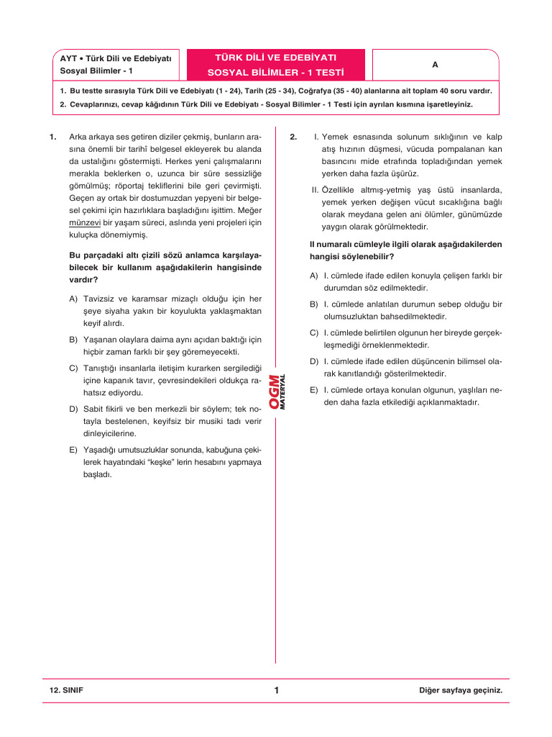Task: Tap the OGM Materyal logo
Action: (x=277, y=392)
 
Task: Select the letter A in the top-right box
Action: (x=435, y=65)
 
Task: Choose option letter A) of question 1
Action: (x=73, y=298)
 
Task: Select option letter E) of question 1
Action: (x=73, y=449)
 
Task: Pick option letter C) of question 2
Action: (x=314, y=333)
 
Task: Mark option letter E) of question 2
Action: (x=314, y=389)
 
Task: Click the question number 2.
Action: (x=293, y=136)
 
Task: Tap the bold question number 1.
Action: (x=52, y=136)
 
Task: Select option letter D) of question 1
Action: (x=73, y=409)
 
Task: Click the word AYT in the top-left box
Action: (x=69, y=58)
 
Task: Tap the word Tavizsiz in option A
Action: (x=101, y=298)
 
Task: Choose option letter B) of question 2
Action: (x=314, y=304)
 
